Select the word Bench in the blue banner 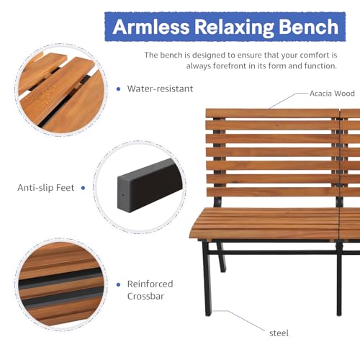click(307, 28)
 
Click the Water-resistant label click(160, 89)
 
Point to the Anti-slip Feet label click(46, 188)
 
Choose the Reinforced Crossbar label click(150, 290)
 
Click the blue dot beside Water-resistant click(118, 89)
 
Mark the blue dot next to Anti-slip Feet click(83, 188)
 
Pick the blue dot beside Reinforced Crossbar click(117, 284)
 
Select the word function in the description click(318, 66)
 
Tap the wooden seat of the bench click(266, 223)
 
